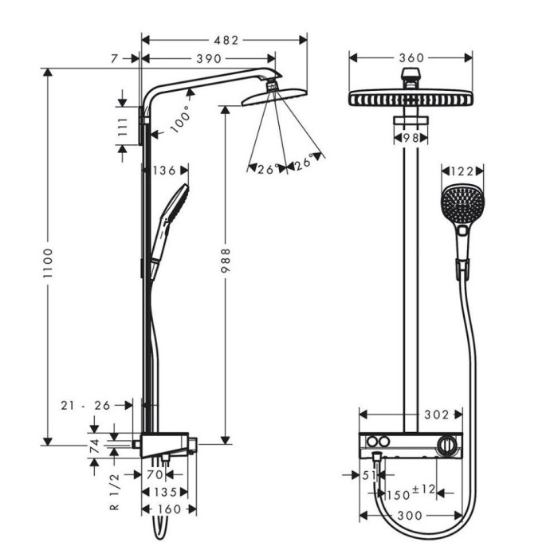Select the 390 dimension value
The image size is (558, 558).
(x=210, y=59)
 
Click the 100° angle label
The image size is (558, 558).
(x=182, y=117)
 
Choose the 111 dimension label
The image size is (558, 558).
(x=122, y=128)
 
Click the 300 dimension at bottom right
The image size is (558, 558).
(x=410, y=516)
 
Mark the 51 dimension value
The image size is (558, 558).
(x=367, y=475)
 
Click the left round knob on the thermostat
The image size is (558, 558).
(x=372, y=442)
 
